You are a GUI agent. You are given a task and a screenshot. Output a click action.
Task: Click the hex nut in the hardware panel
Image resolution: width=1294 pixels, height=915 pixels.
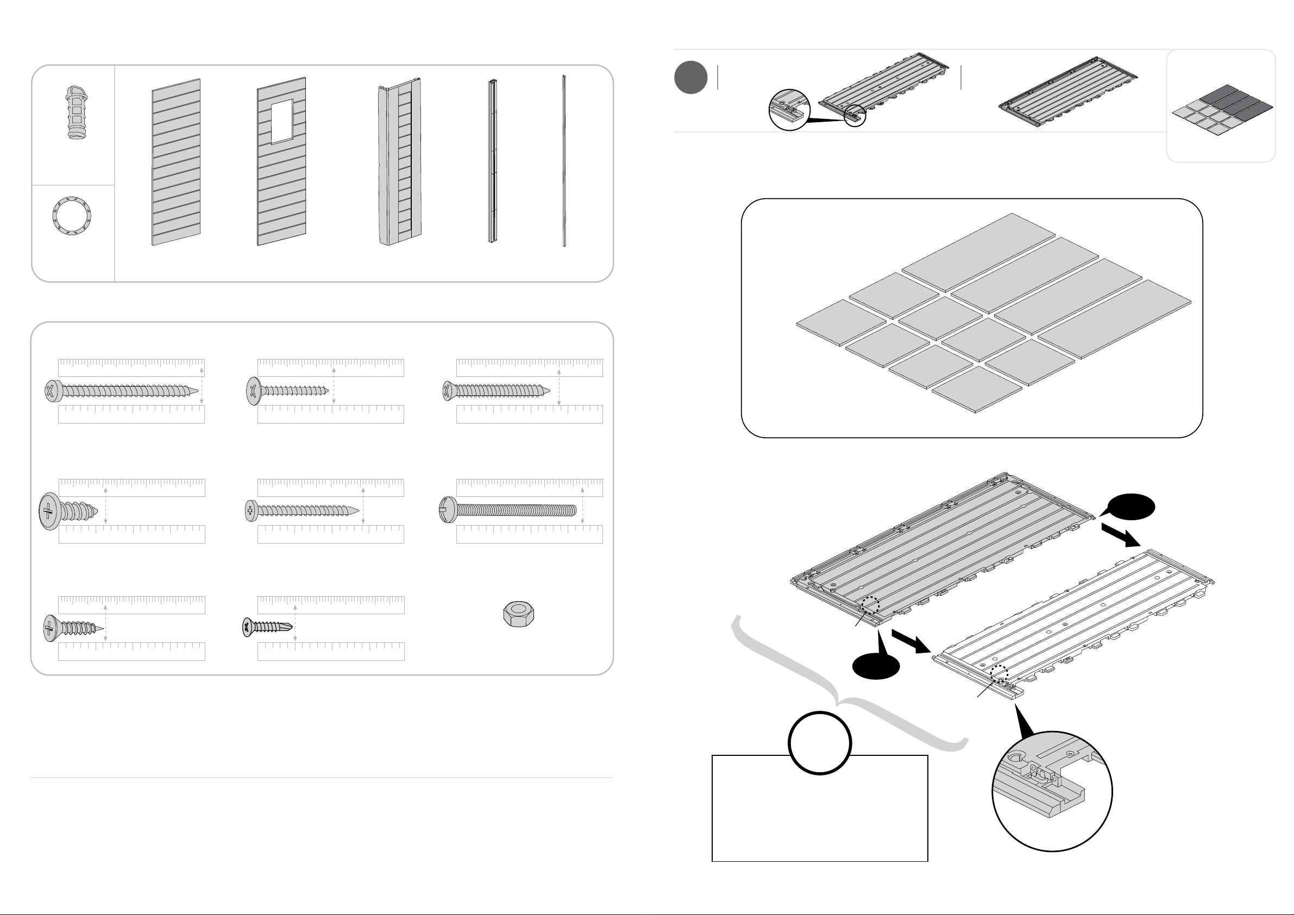click(x=518, y=614)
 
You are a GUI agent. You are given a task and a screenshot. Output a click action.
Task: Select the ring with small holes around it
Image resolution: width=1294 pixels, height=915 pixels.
click(x=72, y=216)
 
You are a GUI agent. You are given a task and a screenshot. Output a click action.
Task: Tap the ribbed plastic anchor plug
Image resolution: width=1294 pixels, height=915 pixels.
click(x=77, y=113)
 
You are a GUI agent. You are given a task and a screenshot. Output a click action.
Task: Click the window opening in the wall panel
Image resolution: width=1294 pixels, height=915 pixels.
click(x=282, y=121)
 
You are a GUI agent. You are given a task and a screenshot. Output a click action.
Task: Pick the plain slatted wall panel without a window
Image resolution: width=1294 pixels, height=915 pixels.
click(x=176, y=162)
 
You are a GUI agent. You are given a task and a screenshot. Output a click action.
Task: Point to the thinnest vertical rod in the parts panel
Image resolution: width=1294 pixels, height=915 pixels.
click(x=563, y=161)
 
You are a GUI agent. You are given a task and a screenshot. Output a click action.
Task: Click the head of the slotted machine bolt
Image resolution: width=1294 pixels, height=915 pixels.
click(x=448, y=510)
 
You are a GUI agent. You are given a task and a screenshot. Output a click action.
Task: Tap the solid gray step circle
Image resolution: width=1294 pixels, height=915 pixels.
click(x=690, y=77)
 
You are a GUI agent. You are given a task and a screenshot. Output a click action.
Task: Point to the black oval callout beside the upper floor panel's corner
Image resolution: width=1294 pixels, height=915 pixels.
click(x=1130, y=507)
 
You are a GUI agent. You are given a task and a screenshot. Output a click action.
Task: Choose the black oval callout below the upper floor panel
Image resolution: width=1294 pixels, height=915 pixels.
click(x=876, y=667)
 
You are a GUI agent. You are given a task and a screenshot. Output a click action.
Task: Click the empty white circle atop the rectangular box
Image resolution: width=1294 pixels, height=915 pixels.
click(x=819, y=743)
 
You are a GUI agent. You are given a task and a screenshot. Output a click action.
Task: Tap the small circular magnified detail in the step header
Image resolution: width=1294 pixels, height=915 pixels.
click(x=789, y=109)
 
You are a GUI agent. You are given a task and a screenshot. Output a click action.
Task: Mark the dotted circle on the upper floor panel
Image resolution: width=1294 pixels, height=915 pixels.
click(x=871, y=605)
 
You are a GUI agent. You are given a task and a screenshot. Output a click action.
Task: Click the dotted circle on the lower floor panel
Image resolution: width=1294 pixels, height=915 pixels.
click(x=999, y=673)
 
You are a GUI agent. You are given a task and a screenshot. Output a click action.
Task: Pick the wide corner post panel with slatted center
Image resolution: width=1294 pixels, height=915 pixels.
click(x=400, y=162)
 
